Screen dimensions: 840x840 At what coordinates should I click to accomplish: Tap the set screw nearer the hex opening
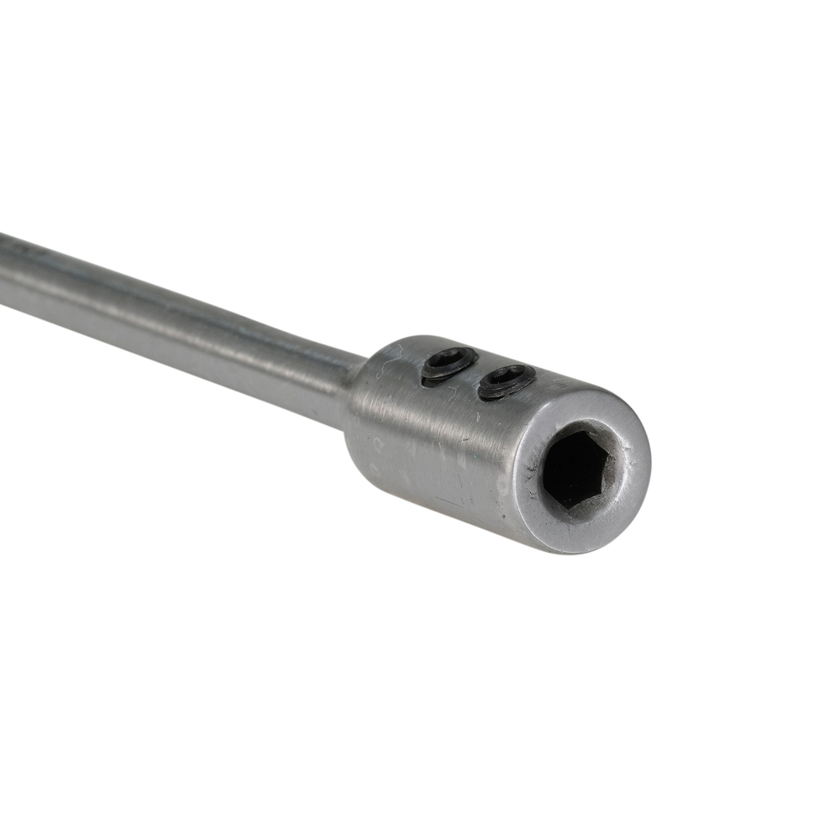pyautogui.click(x=507, y=381)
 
